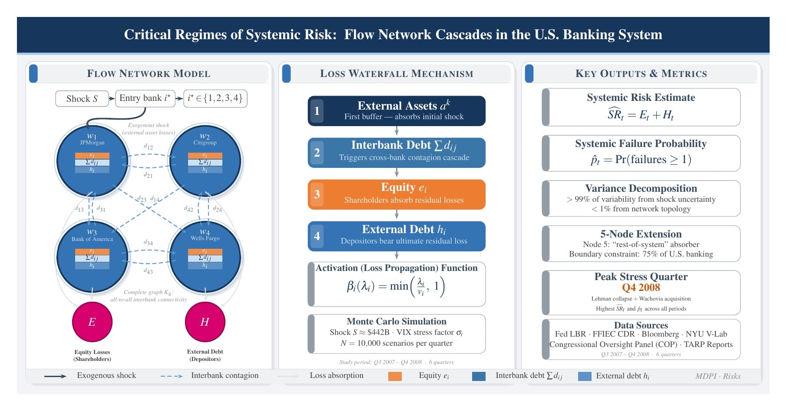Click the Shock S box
tap(82, 99)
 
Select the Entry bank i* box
tap(145, 98)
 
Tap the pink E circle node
tap(92, 322)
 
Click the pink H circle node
tap(205, 322)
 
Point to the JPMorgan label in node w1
tap(92, 143)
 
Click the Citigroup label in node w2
tap(205, 143)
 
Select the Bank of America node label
tap(92, 239)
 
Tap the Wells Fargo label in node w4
tap(205, 238)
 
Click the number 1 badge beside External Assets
tap(317, 111)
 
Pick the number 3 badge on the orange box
tap(317, 194)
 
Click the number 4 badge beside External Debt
tap(317, 236)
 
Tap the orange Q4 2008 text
tap(641, 287)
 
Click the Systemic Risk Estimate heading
tap(641, 97)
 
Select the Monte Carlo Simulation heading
tap(396, 321)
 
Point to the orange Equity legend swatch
tap(395, 376)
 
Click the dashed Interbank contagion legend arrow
tap(172, 376)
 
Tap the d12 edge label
tap(149, 147)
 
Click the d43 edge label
tap(149, 271)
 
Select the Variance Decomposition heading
tap(641, 188)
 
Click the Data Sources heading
tap(641, 325)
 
